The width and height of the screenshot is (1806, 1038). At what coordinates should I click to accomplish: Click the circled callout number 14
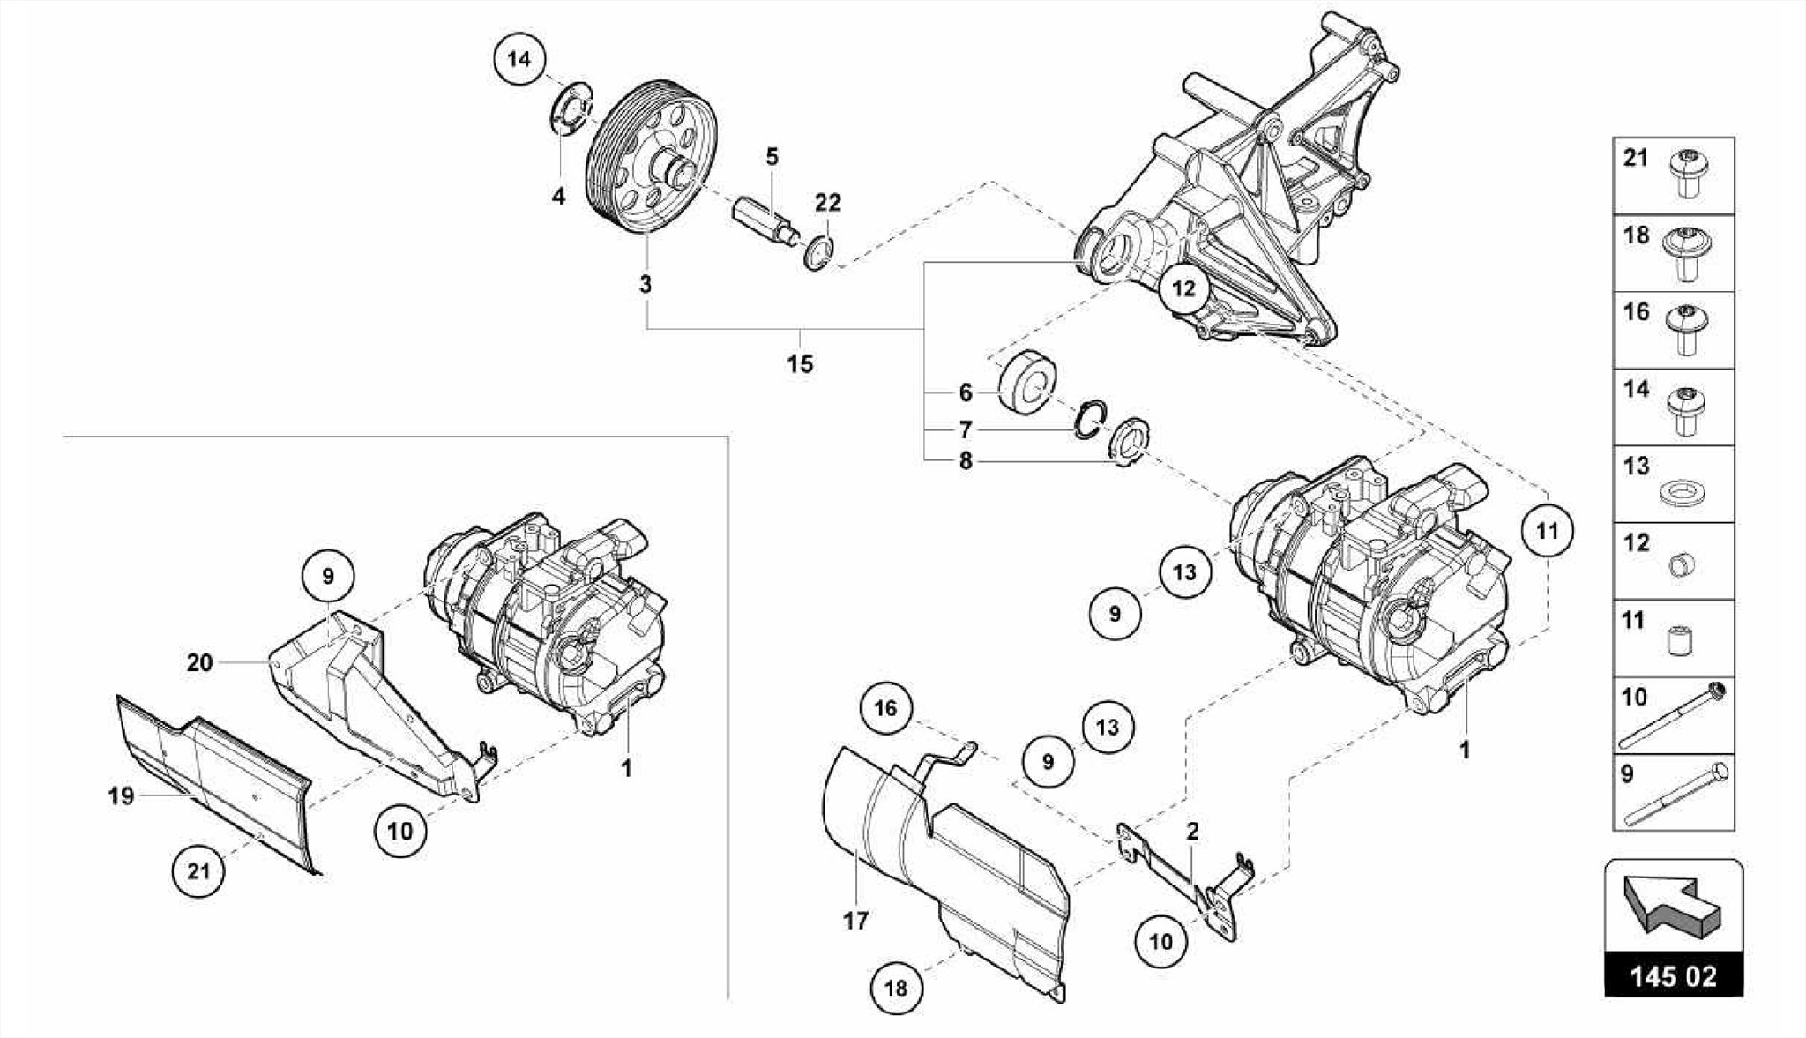[x=519, y=59]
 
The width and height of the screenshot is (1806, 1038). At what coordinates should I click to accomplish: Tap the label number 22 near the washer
[x=827, y=203]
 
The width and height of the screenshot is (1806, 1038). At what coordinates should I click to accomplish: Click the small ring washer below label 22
[x=818, y=254]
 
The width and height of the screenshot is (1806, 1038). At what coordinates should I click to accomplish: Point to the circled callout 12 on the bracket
[x=1183, y=288]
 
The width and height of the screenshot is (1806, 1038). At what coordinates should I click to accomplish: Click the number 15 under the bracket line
[x=800, y=363]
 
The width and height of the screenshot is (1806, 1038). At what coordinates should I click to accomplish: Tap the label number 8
[x=966, y=460]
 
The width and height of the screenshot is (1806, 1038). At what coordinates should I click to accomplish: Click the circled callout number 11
[x=1547, y=531]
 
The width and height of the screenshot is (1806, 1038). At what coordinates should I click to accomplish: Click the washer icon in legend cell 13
[x=1681, y=494]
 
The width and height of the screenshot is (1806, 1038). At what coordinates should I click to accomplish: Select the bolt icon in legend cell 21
[x=1685, y=175]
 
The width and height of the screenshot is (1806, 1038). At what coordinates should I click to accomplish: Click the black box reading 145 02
[x=1673, y=976]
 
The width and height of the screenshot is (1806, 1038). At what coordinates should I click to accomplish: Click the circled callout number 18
[x=895, y=988]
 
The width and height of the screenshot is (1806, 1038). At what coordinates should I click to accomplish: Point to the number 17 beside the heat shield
[x=854, y=921]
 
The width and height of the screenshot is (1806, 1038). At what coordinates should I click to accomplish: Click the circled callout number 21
[x=198, y=871]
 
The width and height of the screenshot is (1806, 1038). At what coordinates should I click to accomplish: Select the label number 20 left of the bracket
[x=199, y=661]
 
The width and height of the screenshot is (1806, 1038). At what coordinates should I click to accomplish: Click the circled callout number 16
[x=885, y=708]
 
